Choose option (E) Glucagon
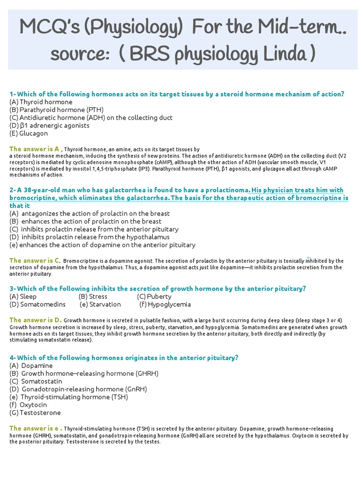[x=29, y=133]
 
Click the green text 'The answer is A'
[x=35, y=148]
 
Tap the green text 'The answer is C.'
[x=35, y=260]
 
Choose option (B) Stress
[x=93, y=296]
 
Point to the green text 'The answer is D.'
[x=35, y=320]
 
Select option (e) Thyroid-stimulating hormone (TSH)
[x=69, y=397]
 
